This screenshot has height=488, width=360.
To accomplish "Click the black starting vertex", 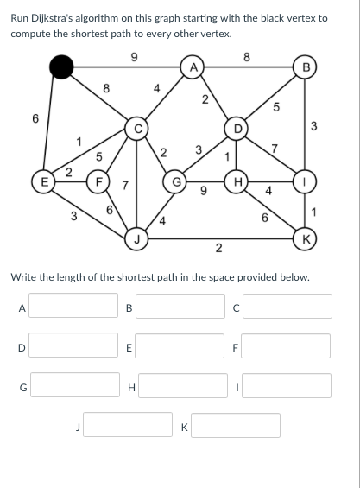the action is (61, 67).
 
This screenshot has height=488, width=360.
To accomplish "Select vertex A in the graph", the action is (193, 67).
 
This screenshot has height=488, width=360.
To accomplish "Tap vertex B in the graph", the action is (306, 67).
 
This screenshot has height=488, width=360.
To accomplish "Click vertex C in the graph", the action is (136, 128).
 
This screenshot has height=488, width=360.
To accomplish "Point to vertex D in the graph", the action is (237, 128).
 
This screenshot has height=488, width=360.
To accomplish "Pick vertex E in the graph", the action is (44, 181).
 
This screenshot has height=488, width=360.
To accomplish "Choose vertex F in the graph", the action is (98, 181).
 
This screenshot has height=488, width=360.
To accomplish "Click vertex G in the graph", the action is (175, 181).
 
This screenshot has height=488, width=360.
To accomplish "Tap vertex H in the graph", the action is (237, 181).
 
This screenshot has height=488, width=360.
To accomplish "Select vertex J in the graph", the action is (136, 239).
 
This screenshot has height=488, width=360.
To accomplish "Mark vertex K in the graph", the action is (306, 239).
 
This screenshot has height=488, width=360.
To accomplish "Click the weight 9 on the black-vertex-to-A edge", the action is (134, 57).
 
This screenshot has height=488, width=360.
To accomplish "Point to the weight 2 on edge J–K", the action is (218, 249).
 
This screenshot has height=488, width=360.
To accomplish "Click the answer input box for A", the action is (73, 305).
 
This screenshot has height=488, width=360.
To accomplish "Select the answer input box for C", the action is (287, 306).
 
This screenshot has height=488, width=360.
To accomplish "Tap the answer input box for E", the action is (180, 345).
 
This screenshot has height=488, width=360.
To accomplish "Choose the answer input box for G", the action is (75, 384).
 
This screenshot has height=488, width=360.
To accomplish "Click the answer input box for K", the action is (236, 425).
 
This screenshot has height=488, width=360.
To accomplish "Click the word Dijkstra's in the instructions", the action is (52, 19).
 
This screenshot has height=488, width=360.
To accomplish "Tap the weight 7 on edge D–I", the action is (275, 149).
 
